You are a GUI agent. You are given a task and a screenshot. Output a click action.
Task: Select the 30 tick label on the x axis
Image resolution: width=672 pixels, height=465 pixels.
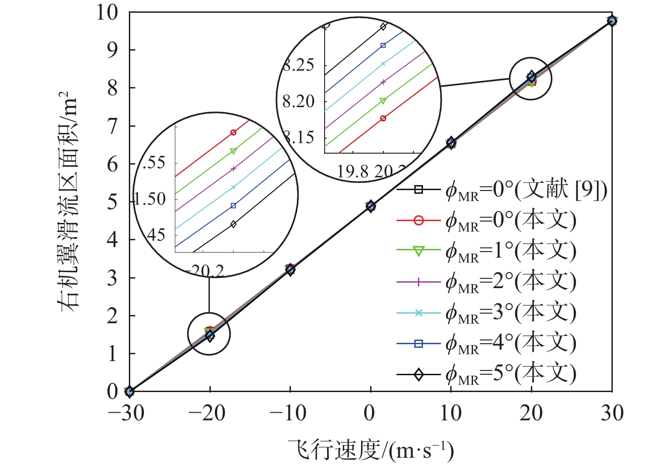pos(612,413)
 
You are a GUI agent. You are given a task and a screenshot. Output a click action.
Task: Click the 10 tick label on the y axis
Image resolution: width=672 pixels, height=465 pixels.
pos(107,12)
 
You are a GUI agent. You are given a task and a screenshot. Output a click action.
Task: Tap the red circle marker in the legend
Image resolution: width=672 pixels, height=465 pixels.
pos(419,221)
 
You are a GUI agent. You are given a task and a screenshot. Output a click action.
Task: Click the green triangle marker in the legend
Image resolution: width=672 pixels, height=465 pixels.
pos(419,251)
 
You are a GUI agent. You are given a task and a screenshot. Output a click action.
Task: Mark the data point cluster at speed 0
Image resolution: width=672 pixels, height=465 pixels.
pos(371,206)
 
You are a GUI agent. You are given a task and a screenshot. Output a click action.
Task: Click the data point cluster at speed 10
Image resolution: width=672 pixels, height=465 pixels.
pos(451,143)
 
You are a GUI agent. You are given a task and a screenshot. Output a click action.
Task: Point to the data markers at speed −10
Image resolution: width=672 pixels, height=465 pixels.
pos(290,269)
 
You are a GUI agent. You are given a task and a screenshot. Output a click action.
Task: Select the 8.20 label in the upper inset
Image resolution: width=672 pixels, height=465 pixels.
pos(299,101)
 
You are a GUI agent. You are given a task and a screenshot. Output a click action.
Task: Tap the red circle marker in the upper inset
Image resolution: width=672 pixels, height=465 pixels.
pos(383,119)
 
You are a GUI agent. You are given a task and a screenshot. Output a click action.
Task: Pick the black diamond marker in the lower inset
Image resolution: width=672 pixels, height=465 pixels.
pos(234,224)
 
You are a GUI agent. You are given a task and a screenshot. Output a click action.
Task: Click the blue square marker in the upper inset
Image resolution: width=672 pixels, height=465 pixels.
pos(383,46)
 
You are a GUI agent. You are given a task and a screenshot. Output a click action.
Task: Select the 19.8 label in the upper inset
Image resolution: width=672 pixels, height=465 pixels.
pos(352,171)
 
